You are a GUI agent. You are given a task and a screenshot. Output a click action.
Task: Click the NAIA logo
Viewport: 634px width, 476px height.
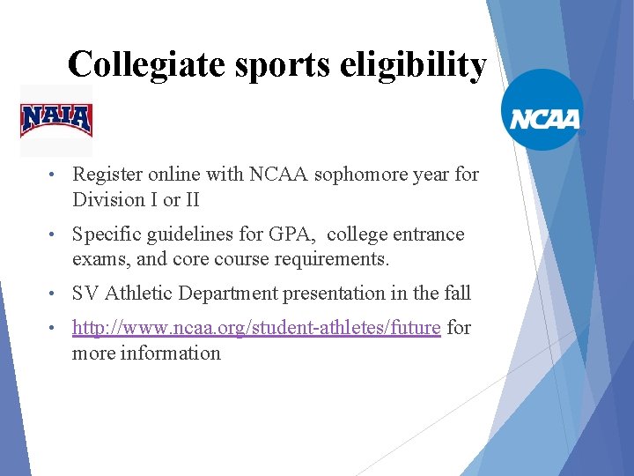[56, 119]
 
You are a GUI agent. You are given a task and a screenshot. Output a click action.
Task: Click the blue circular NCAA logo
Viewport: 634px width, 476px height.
[542, 110]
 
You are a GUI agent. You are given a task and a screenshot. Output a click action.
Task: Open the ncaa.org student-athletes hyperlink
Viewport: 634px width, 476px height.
[256, 328]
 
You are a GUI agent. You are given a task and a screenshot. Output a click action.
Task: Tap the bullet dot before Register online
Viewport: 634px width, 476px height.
[55, 175]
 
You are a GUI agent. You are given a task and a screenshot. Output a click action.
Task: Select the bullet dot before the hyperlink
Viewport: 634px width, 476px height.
[55, 329]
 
